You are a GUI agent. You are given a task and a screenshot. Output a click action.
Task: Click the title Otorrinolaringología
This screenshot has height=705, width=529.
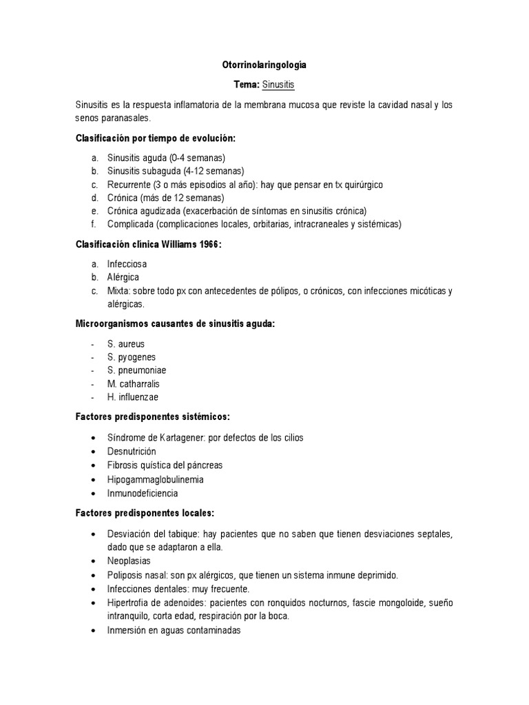coord(264,65)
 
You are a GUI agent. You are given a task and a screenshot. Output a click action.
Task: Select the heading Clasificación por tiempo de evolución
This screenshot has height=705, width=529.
coord(155,138)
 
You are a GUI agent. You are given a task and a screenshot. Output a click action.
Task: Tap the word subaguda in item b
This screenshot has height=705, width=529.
coord(158,171)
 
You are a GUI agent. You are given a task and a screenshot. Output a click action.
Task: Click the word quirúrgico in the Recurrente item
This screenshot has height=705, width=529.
coord(361,185)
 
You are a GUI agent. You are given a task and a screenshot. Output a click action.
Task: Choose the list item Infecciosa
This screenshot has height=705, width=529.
coord(127,264)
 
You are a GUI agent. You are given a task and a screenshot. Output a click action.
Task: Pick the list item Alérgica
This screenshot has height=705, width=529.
coord(123,277)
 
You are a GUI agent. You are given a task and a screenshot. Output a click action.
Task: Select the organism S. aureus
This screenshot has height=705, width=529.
coord(126,344)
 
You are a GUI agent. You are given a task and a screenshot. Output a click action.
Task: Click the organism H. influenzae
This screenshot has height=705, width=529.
coord(133,397)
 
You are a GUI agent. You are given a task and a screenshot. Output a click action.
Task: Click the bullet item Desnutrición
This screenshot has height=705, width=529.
coord(132,451)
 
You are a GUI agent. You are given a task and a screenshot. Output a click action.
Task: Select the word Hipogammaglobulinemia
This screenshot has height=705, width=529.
coord(155,479)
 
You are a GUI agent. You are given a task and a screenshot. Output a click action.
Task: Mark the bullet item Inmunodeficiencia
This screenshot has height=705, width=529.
coord(143,493)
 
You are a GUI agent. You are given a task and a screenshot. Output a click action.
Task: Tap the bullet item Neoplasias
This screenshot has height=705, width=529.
coord(129,561)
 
